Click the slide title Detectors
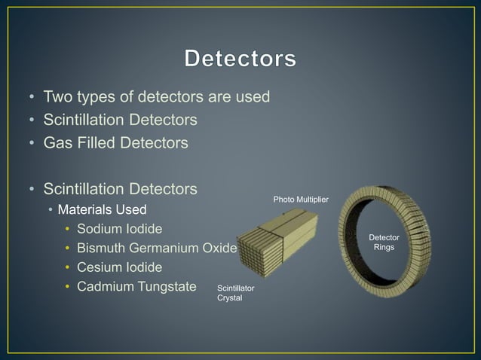240,58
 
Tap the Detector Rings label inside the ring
384,242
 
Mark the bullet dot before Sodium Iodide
67,229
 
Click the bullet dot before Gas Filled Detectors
31,142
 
